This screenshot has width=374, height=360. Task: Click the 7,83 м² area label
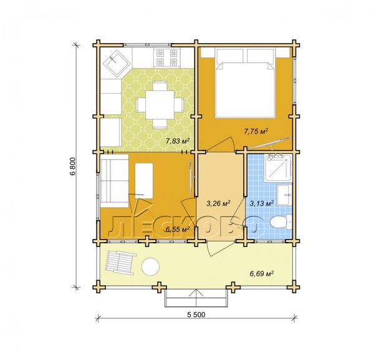(x=178, y=141)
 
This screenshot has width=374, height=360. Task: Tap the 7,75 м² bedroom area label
(x=256, y=131)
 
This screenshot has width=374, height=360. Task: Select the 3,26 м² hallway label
(x=218, y=203)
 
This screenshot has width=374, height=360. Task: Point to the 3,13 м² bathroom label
(x=262, y=203)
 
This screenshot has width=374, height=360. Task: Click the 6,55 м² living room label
(x=178, y=229)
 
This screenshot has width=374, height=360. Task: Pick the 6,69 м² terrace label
(x=262, y=273)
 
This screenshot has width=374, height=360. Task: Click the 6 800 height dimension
(x=73, y=166)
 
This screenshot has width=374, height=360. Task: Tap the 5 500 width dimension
(x=196, y=314)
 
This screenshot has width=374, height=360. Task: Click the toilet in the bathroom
(x=280, y=222)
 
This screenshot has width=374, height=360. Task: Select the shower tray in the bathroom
(x=278, y=168)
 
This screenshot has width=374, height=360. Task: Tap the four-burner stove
(x=167, y=57)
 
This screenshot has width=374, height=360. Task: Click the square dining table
(x=160, y=105)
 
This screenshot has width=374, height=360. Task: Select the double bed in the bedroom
(x=245, y=83)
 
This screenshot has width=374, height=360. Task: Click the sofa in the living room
(x=115, y=181)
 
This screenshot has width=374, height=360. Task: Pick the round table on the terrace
(x=150, y=267)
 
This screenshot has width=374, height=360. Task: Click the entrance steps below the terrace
(x=196, y=298)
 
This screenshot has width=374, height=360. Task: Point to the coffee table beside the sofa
(x=144, y=181)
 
